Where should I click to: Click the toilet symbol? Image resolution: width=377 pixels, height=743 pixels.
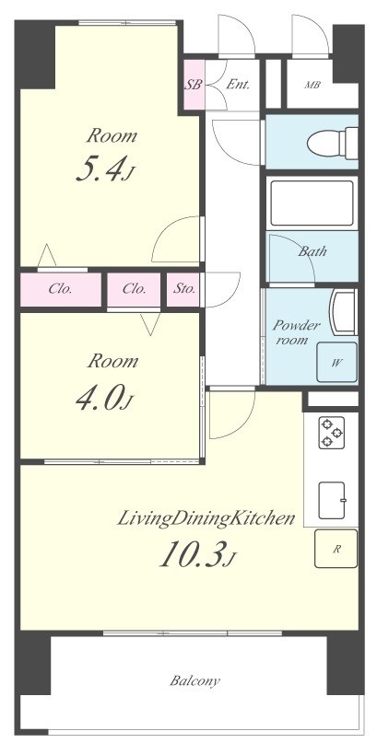pos(333,142)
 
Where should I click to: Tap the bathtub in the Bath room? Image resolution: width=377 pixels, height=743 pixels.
pos(312,203)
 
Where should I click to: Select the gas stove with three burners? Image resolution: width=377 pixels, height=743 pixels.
pos(330,432)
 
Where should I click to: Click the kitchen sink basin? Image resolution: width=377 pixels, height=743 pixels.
pos(332,500)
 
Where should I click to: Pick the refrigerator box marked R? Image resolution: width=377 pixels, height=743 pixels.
pos(336,549)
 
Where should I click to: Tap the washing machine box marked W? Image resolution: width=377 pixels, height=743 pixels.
pos(336,362)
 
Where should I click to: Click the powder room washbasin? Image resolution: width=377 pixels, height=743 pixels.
pos(343,313)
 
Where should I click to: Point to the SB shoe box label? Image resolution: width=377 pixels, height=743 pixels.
pos(194,86)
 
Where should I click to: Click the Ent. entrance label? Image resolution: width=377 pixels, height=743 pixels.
pos(238,86)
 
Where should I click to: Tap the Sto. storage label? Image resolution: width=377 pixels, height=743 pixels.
pos(184,288)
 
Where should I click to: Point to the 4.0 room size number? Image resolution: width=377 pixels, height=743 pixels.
pos(102,399)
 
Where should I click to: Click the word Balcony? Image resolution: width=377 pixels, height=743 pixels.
pos(194,681)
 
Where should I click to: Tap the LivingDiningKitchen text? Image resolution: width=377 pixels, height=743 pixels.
pos(206,518)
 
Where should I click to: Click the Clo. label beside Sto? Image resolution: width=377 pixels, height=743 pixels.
pos(135,288)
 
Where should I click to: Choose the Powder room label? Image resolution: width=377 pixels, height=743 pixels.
pos(296,332)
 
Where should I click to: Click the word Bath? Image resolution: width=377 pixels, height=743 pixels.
pos(312,251)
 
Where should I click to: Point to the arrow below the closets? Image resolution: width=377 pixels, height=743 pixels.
pos(151,324)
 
